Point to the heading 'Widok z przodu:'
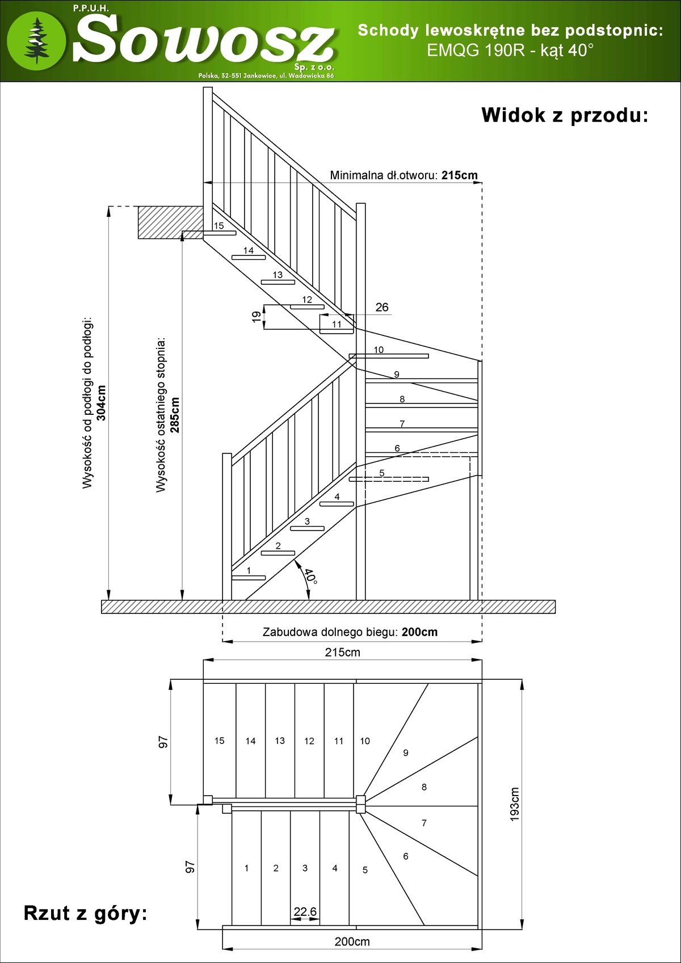[565, 115]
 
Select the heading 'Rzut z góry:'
[85, 913]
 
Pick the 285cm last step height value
[175, 415]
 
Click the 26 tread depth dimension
[382, 307]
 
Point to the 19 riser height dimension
[257, 317]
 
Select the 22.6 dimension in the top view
[305, 911]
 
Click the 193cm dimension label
[515, 804]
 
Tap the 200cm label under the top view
[352, 941]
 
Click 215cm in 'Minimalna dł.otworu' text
[460, 175]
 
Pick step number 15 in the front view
[218, 226]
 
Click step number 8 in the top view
[424, 787]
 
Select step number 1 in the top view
[246, 868]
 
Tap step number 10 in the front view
[379, 350]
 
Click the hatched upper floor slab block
[170, 222]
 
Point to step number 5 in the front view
[382, 473]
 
